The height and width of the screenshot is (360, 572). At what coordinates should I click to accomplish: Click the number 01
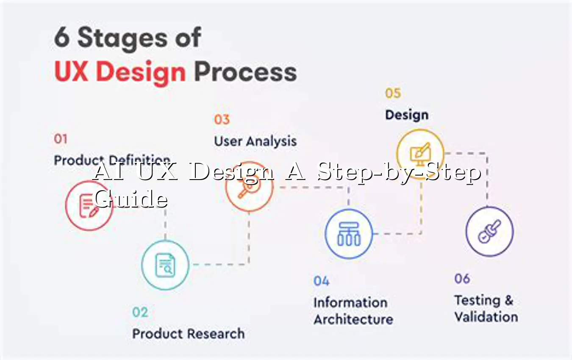click(x=61, y=139)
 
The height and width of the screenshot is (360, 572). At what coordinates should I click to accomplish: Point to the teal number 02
click(x=140, y=312)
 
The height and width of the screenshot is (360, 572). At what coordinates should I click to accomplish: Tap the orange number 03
click(x=222, y=119)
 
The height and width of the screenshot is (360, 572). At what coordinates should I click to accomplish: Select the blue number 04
click(x=322, y=281)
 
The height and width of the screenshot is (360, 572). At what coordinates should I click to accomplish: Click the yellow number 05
click(x=393, y=93)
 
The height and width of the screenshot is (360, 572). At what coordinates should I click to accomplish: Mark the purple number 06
click(x=462, y=279)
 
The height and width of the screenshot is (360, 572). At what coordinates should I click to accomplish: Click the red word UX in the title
click(x=72, y=72)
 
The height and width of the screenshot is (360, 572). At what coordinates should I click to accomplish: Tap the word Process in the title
click(x=245, y=72)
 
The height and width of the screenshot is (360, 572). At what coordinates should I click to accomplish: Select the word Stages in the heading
click(x=122, y=39)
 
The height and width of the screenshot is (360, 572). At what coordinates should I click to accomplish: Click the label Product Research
click(x=189, y=333)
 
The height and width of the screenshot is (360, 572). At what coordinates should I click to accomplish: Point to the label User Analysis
click(x=255, y=141)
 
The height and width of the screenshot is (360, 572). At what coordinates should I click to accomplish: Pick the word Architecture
click(x=353, y=319)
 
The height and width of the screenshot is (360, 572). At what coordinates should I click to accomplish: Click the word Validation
click(x=486, y=317)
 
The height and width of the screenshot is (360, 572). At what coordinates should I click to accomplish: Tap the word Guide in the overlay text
click(x=131, y=198)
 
